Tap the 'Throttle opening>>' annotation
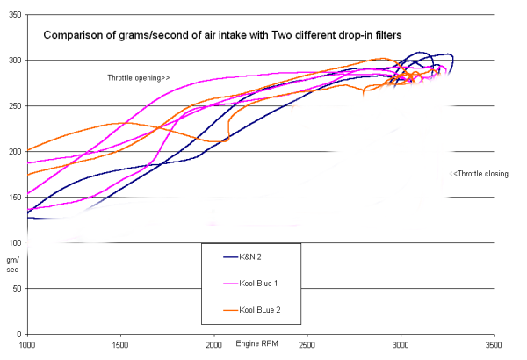[x=138, y=78]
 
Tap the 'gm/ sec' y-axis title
[x=13, y=266]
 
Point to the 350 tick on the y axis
[x=16, y=15]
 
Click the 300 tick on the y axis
[x=16, y=61]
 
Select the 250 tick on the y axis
[x=16, y=106]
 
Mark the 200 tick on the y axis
[x=16, y=152]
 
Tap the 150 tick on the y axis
[x=16, y=198]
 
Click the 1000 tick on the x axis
[x=28, y=345]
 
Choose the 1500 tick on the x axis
[x=121, y=345]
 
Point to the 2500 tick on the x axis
[x=307, y=345]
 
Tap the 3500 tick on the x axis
[x=494, y=345]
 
